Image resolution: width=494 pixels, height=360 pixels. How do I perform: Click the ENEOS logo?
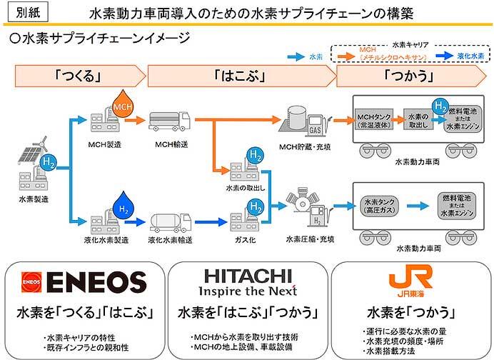click(84, 281)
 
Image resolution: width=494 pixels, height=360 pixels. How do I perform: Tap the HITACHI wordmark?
click(246, 275)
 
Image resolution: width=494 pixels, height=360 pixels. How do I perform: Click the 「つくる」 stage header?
click(76, 74)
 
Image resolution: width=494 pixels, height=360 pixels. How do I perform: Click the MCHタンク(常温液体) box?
click(376, 121)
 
